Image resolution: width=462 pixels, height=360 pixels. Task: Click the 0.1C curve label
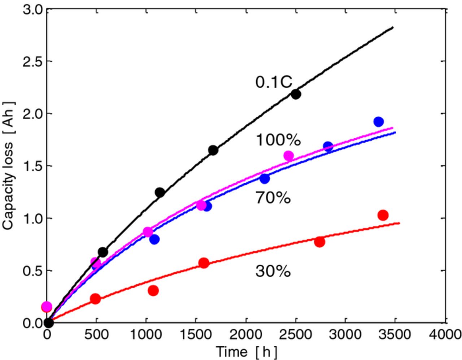(274, 82)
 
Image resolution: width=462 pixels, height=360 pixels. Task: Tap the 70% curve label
(273, 198)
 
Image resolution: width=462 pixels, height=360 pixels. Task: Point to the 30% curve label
(273, 271)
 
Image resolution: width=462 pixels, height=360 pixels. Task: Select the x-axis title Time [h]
(247, 351)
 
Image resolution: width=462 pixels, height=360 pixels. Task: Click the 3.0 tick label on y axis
(32, 10)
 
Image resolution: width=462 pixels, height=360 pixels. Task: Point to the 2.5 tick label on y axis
(32, 61)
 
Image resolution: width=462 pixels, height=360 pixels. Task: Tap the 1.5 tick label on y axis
(32, 166)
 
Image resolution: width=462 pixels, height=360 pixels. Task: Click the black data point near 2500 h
(296, 94)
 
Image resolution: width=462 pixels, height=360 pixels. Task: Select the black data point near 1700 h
(213, 150)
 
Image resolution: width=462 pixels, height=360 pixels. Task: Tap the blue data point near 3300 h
(378, 122)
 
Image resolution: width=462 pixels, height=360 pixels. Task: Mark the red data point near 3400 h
(383, 215)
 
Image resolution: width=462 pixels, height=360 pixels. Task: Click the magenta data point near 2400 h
(288, 156)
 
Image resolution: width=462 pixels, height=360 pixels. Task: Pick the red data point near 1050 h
(153, 290)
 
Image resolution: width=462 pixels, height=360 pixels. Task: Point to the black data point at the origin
(48, 322)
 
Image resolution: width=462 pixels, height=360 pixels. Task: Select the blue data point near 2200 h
(265, 178)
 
